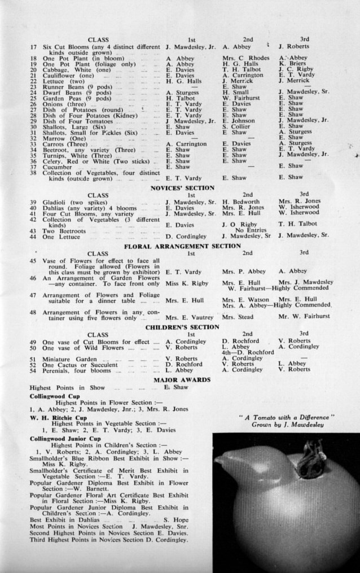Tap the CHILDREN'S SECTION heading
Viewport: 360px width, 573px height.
[x=182, y=327]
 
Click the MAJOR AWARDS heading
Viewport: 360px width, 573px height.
[x=182, y=379]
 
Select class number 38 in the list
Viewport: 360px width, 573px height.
[x=34, y=173]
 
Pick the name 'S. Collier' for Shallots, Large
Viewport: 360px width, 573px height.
[x=234, y=127]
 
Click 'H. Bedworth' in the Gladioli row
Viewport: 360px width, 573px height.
[x=241, y=201]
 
